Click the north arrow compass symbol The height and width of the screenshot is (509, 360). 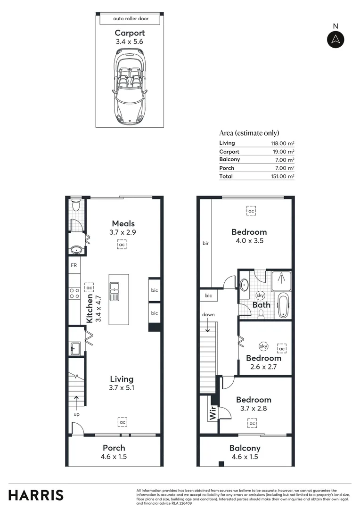click(335, 40)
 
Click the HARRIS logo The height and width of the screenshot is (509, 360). click(36, 495)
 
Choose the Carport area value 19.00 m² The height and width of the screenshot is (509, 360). click(282, 152)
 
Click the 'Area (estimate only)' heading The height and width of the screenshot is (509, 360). click(249, 133)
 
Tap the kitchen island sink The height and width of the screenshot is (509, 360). click(115, 291)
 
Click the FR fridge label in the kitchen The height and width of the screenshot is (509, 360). click(74, 265)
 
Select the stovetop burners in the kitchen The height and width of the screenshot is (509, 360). click(74, 293)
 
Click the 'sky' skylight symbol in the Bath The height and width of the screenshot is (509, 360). click(260, 296)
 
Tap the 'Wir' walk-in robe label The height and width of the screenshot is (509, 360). click(213, 413)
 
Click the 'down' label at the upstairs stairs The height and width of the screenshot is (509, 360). click(208, 314)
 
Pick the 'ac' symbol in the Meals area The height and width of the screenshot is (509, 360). click(122, 245)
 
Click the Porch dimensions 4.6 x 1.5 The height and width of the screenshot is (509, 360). click(115, 456)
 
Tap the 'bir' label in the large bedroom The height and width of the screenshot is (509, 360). click(205, 244)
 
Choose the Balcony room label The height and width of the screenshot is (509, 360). click(245, 448)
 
